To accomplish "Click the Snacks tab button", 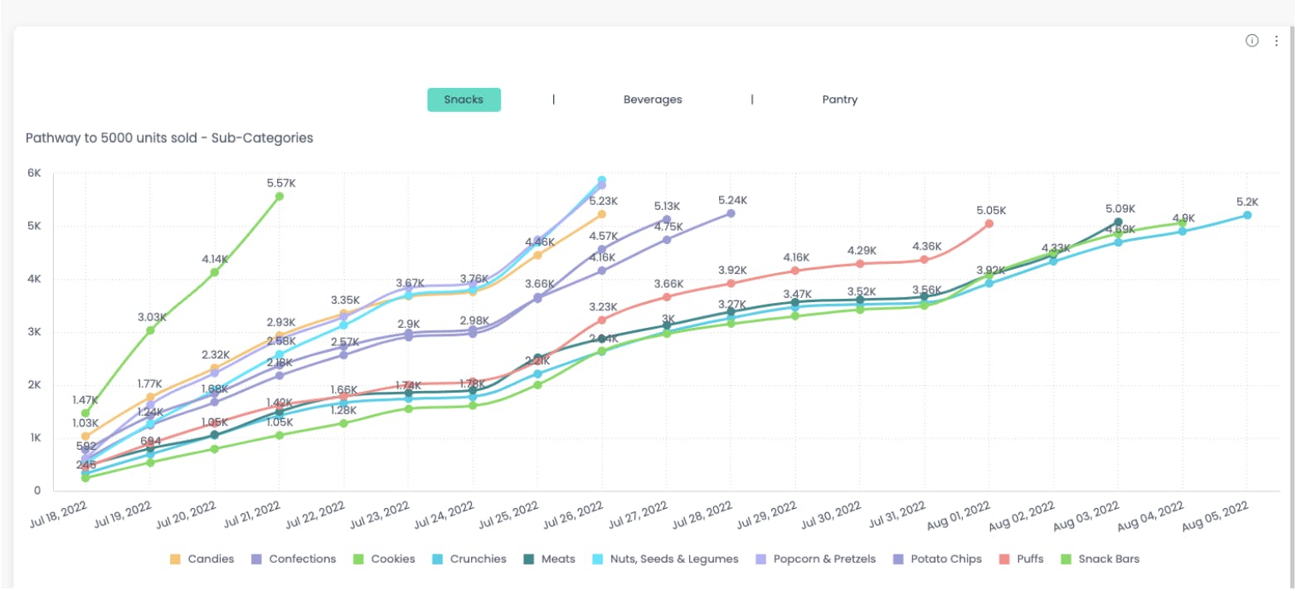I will [464, 100].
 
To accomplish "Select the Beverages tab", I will [653, 100].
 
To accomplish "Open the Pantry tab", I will [840, 100].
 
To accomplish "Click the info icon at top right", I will [1252, 41].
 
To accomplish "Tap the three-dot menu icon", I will [1276, 41].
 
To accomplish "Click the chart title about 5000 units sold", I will [169, 138].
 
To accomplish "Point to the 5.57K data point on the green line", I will [279, 197].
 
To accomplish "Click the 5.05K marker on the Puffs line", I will [989, 223].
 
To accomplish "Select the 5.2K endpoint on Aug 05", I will [1247, 215].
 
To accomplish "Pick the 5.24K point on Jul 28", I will [731, 213].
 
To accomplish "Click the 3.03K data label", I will [153, 317].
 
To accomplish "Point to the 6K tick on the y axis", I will [34, 173].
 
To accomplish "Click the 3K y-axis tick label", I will [34, 332].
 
